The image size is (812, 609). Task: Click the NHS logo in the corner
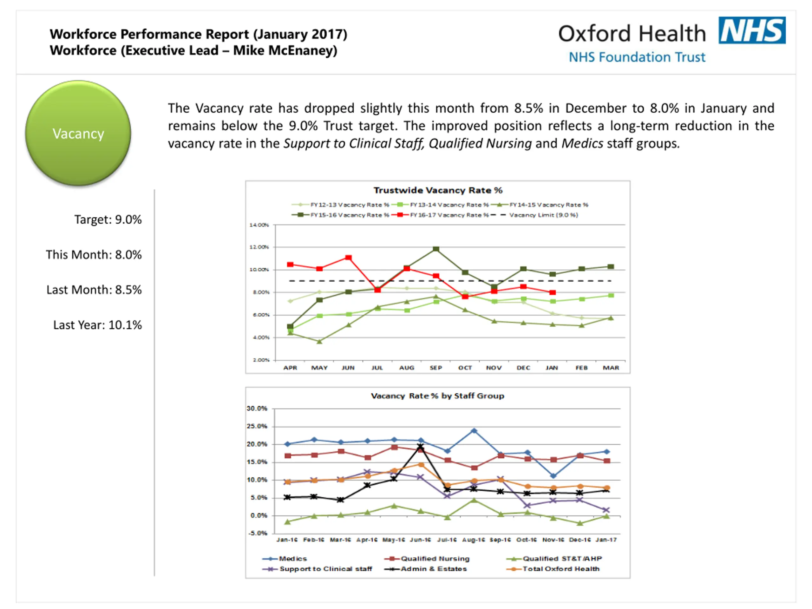(751, 30)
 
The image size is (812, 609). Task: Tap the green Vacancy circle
(78, 133)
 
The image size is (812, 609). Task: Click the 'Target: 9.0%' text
(108, 219)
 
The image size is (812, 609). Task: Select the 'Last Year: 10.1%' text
(97, 325)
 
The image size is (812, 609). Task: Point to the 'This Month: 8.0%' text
(94, 255)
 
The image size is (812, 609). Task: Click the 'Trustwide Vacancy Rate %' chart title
(438, 190)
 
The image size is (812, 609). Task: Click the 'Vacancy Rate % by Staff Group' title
(438, 396)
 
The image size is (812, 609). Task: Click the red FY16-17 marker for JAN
(553, 292)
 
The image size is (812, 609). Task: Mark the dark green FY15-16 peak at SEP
(436, 249)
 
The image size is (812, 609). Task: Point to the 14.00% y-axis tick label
(259, 225)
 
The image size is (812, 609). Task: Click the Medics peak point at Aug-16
(474, 431)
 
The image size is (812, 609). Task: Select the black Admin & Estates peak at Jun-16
(421, 446)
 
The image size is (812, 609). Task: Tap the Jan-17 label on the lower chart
(606, 540)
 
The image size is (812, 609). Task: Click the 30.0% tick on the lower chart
(257, 409)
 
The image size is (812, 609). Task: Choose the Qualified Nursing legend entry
(435, 558)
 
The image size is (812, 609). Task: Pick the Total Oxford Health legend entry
(561, 569)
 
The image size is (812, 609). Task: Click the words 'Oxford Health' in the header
(632, 34)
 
